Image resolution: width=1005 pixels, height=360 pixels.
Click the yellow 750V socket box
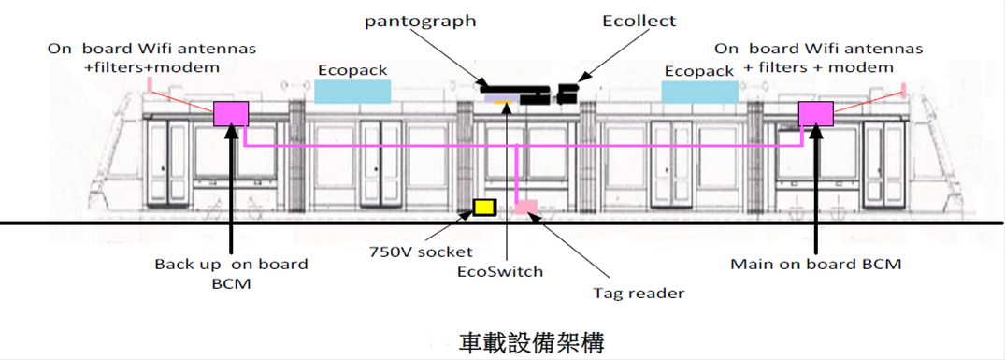click(484, 207)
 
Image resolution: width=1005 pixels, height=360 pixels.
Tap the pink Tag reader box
click(526, 207)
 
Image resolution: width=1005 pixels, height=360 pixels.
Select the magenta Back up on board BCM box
click(231, 113)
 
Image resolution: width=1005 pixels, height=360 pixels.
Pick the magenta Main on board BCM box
click(816, 113)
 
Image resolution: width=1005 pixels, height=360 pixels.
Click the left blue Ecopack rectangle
click(352, 92)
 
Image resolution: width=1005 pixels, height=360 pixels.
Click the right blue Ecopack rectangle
click(699, 92)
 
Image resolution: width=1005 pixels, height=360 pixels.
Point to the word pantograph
click(421, 22)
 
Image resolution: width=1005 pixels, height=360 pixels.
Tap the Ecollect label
click(639, 21)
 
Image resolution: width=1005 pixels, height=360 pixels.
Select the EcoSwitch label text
click(500, 271)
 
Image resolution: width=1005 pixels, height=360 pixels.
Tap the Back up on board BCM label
click(231, 273)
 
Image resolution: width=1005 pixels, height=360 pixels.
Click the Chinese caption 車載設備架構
click(531, 343)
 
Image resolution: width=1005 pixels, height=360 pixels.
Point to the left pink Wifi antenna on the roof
click(150, 84)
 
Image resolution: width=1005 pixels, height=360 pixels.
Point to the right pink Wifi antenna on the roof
click(903, 89)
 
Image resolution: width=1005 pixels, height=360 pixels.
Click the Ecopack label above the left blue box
click(352, 70)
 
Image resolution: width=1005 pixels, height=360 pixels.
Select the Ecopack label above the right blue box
click(699, 71)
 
